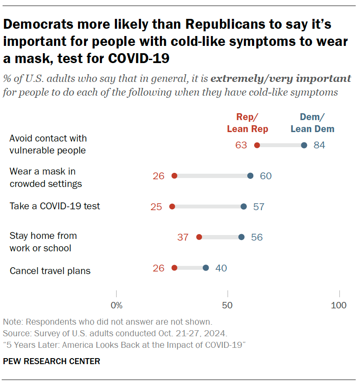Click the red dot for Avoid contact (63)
pyautogui.click(x=257, y=145)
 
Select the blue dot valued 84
pyautogui.click(x=304, y=145)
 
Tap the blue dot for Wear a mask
pyautogui.click(x=250, y=176)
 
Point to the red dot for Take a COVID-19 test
pyautogui.click(x=172, y=207)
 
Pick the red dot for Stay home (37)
pyautogui.click(x=199, y=237)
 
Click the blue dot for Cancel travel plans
pyautogui.click(x=206, y=268)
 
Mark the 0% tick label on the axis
pyautogui.click(x=117, y=306)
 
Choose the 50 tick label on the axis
pyautogui.click(x=228, y=306)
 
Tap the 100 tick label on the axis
pyautogui.click(x=339, y=306)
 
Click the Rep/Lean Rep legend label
pyautogui.click(x=248, y=123)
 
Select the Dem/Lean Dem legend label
pyautogui.click(x=312, y=123)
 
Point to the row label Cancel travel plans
pyautogui.click(x=50, y=271)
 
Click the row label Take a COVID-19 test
pyautogui.click(x=55, y=206)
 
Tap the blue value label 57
pyautogui.click(x=259, y=207)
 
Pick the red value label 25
pyautogui.click(x=156, y=207)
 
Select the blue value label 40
pyautogui.click(x=221, y=268)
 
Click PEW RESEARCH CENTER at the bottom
pyautogui.click(x=51, y=362)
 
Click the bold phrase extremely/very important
pyautogui.click(x=281, y=78)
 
